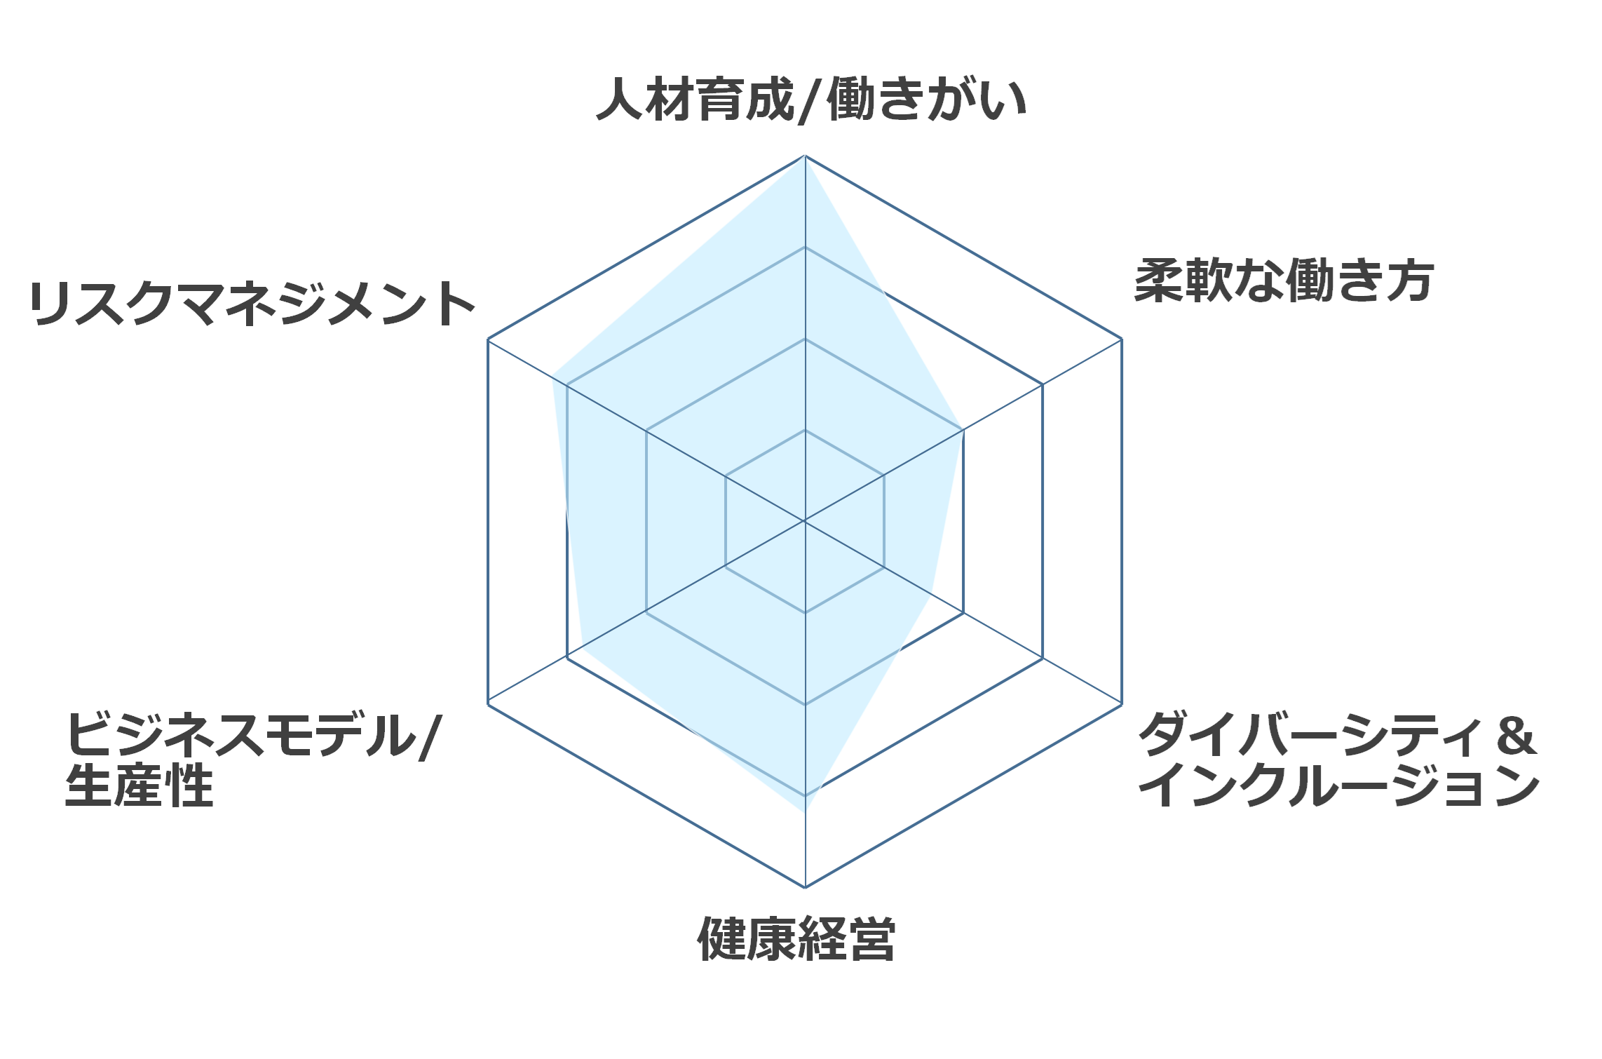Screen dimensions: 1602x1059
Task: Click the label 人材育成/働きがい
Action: [811, 100]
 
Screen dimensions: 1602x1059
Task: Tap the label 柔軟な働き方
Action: [1284, 281]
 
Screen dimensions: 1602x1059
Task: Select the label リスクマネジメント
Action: [252, 304]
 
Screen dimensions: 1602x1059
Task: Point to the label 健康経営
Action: [796, 938]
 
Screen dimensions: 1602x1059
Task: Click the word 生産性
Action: [139, 785]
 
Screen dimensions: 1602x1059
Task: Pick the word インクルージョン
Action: [1338, 785]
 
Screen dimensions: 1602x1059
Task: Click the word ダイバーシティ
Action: [1310, 735]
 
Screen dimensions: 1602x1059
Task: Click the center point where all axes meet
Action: [805, 521]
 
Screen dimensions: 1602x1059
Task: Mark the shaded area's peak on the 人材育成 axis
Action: [805, 156]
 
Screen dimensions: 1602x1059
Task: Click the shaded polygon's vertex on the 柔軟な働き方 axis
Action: [963, 430]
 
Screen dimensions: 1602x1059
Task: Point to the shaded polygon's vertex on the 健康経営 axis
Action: [805, 811]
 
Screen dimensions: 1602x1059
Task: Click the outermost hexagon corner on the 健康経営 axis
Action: [805, 887]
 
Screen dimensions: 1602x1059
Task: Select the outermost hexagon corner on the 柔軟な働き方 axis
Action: [1122, 339]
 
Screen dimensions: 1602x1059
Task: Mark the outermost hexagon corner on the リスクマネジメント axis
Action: [488, 339]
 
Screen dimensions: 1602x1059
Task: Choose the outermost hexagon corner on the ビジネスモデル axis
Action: [488, 704]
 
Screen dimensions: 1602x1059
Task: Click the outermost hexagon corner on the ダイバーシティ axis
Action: [1122, 704]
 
